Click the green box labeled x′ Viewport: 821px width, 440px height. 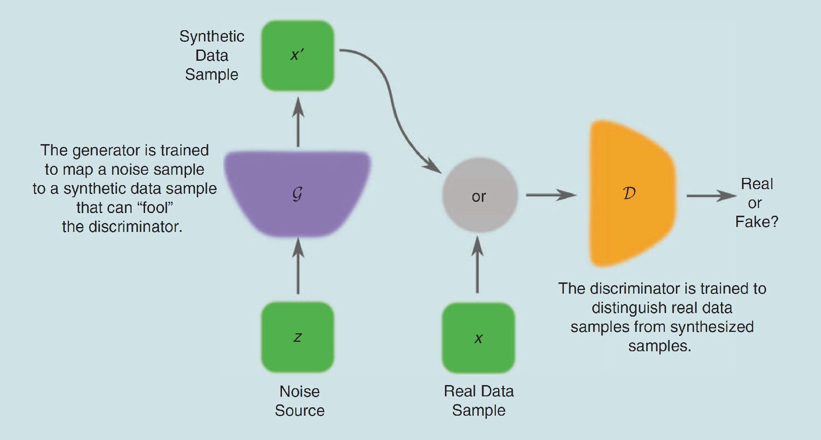(x=297, y=55)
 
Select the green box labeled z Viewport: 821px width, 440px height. (x=297, y=337)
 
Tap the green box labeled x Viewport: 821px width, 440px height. (x=478, y=338)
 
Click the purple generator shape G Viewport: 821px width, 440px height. (x=297, y=194)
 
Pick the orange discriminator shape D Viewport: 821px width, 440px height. (x=630, y=194)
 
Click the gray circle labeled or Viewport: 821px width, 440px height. (x=479, y=195)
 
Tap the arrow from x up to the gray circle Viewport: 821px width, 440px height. (x=478, y=266)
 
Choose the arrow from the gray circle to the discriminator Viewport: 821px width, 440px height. (x=550, y=195)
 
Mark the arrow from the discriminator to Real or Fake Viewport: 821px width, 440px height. (x=711, y=196)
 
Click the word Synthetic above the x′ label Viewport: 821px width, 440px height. (x=212, y=36)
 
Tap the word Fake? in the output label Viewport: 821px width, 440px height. (x=757, y=222)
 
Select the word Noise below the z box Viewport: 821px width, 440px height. (x=299, y=391)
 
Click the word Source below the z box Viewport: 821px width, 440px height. (x=299, y=410)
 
